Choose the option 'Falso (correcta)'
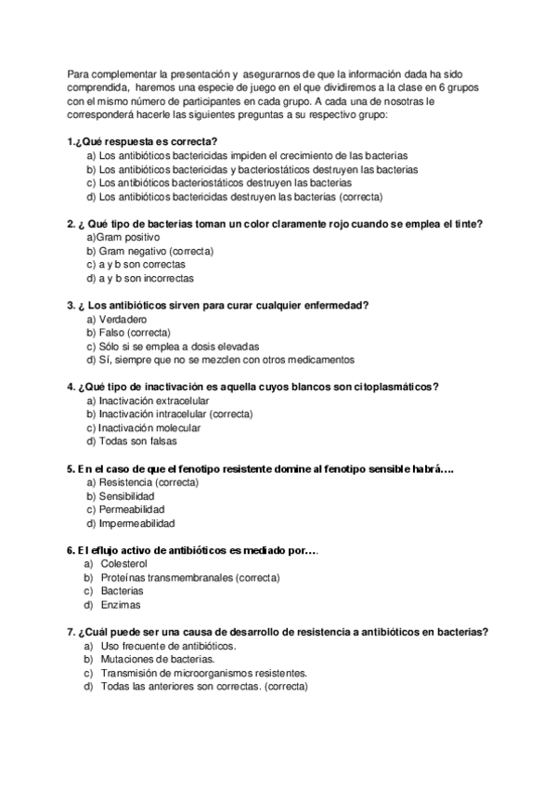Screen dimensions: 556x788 coord(133,332)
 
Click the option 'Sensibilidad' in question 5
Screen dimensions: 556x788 coord(126,495)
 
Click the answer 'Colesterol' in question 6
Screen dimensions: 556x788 coord(123,564)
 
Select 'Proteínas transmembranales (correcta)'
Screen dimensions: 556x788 coord(189,577)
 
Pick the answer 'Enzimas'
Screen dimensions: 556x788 coord(120,605)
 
